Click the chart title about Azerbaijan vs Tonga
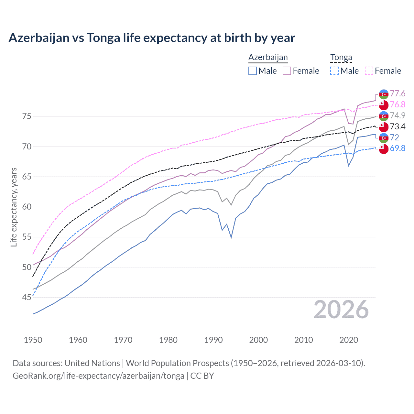point(152,38)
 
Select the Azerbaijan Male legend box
point(253,71)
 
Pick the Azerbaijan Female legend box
point(287,71)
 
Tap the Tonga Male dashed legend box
point(334,71)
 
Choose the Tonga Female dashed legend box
point(369,71)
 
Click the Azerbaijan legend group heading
point(268,58)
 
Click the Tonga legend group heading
point(341,58)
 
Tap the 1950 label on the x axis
point(33,340)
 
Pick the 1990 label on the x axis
point(213,340)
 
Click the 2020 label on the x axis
point(349,340)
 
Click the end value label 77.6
point(398,94)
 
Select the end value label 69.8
point(398,148)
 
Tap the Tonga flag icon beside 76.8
point(384,105)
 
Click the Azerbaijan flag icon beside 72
point(384,138)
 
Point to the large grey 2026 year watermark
point(341,310)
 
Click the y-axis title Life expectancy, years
point(14,207)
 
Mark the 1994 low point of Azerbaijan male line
point(231,237)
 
